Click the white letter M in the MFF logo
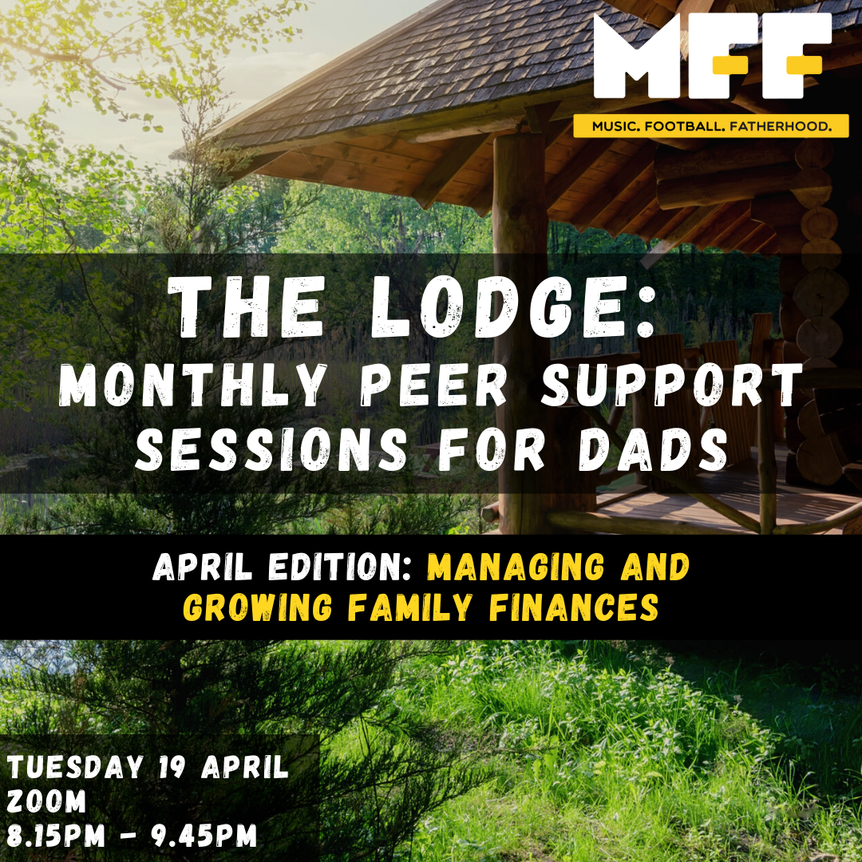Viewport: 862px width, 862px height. click(x=638, y=55)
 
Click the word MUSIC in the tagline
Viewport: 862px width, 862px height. click(x=615, y=126)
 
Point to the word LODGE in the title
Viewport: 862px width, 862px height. click(x=513, y=306)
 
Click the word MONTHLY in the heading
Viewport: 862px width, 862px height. click(x=192, y=385)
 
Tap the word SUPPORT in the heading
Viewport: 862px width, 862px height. click(x=672, y=385)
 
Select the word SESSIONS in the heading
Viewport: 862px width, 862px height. click(x=271, y=449)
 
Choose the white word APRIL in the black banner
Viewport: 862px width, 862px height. click(x=202, y=567)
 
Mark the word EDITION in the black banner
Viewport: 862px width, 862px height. click(x=340, y=567)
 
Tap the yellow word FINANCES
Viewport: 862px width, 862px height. click(x=574, y=607)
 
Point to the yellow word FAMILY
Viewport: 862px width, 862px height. click(x=410, y=607)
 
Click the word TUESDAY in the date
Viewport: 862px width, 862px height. click(x=75, y=767)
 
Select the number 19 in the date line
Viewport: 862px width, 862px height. click(x=172, y=767)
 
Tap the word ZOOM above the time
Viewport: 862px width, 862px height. click(x=47, y=801)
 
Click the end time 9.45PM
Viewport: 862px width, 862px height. click(x=204, y=836)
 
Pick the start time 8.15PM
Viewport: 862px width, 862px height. click(x=56, y=836)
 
